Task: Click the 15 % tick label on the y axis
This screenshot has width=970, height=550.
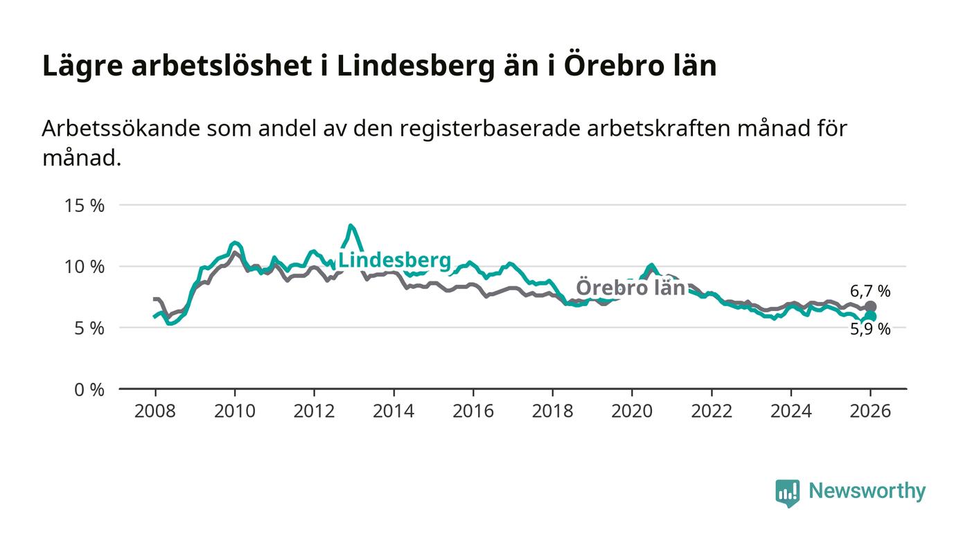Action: [85, 206]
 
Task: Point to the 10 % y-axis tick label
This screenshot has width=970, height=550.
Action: [85, 267]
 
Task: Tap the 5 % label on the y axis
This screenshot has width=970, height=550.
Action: [90, 328]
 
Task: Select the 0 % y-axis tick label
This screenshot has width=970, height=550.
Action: [90, 390]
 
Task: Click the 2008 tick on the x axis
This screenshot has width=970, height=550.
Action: [155, 411]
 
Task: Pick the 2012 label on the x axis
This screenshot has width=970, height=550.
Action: [314, 411]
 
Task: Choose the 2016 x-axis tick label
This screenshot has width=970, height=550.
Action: [473, 411]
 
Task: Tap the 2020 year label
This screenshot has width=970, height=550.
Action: [632, 411]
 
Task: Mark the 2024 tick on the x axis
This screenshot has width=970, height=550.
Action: [791, 411]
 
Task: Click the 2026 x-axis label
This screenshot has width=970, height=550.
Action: [870, 411]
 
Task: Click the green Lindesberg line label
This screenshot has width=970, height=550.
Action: [394, 261]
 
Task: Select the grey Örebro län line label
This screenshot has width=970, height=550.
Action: [630, 287]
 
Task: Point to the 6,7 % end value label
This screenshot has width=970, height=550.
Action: [870, 292]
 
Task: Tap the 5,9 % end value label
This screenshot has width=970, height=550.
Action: [870, 330]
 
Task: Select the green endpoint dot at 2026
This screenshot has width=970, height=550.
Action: [871, 317]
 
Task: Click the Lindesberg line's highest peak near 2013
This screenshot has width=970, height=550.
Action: [351, 225]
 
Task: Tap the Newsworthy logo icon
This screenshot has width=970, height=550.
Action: [787, 493]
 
